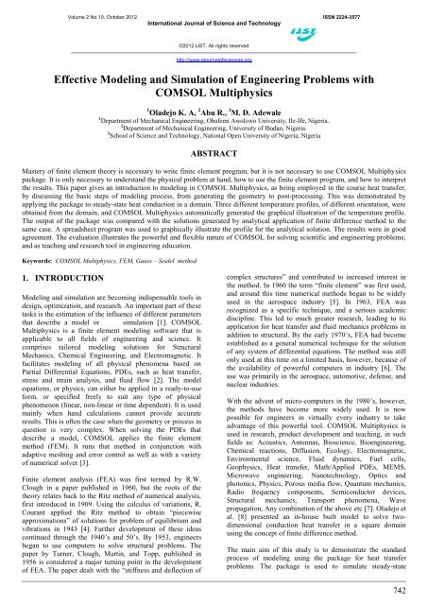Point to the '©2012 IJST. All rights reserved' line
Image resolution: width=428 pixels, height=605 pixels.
[214, 44]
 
